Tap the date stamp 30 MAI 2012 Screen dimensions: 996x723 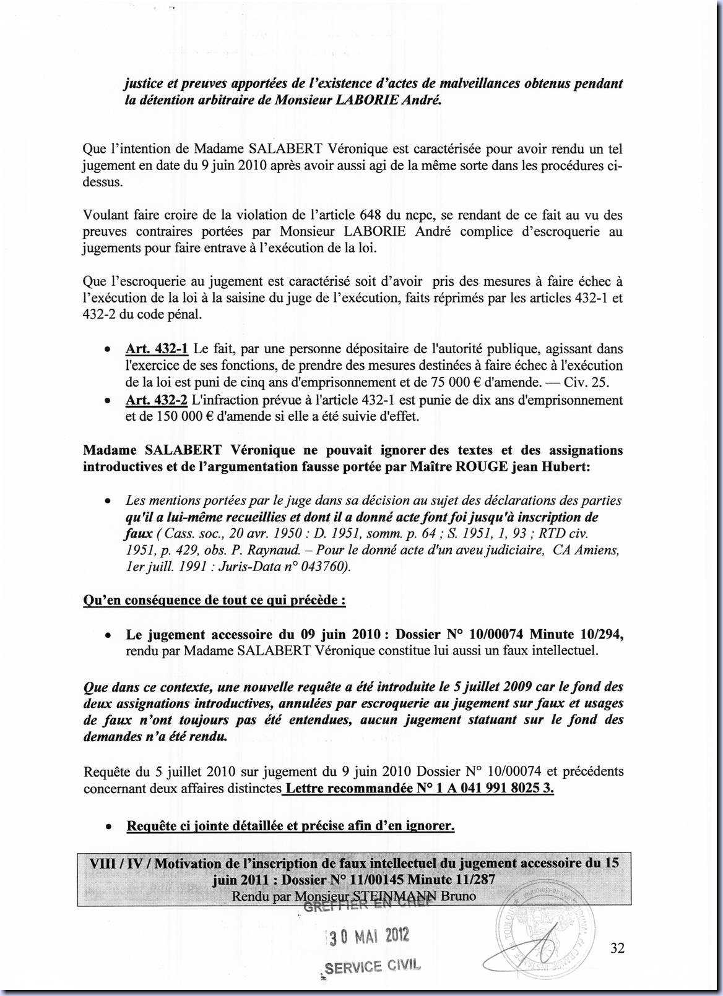368,936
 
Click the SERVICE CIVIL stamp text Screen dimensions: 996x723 372,966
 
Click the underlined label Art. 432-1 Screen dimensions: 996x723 157,349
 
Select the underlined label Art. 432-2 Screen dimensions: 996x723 157,400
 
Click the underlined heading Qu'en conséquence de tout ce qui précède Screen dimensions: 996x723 214,600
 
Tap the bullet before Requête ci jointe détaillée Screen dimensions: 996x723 109,826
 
